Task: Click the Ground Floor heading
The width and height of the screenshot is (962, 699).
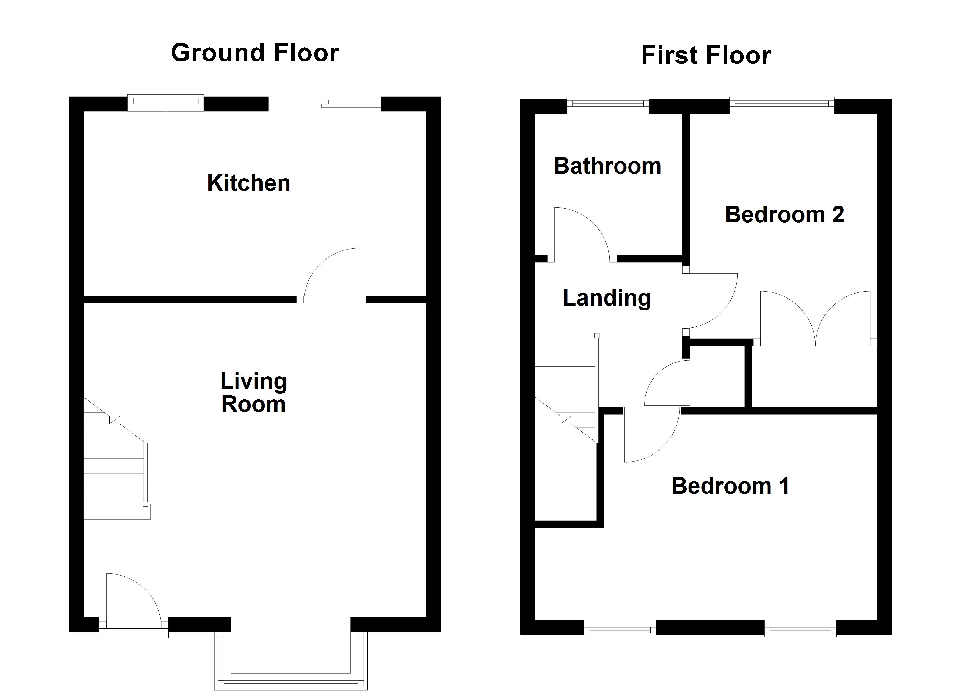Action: [255, 53]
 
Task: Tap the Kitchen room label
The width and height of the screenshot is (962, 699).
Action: [249, 183]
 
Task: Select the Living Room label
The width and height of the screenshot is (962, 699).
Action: [253, 393]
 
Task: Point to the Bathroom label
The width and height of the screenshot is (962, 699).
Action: [608, 166]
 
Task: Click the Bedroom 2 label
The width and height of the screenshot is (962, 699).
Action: [784, 214]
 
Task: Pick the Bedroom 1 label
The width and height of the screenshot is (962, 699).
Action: [731, 486]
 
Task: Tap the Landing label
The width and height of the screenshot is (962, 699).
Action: [607, 298]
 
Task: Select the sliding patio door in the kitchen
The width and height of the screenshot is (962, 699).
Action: [325, 103]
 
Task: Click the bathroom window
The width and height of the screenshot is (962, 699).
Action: [608, 105]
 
